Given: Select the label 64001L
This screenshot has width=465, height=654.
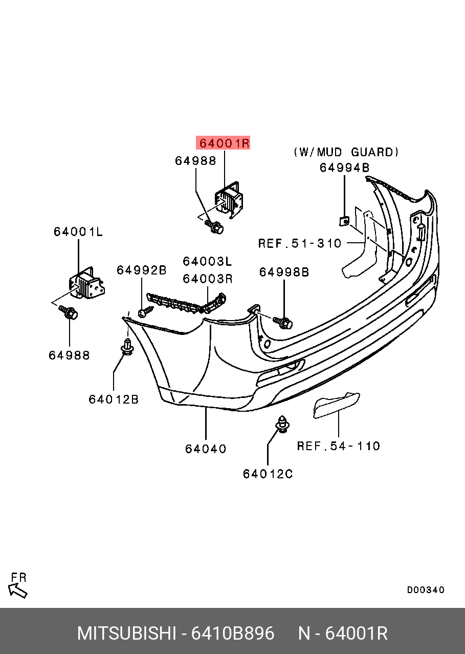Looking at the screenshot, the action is point(78,232).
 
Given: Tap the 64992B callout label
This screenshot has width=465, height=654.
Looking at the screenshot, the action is point(142,270).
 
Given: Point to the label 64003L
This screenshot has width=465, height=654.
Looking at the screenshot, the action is point(207,262).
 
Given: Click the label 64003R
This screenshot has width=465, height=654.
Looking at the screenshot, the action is point(207,279).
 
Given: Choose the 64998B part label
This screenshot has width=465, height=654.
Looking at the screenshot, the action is point(284,272).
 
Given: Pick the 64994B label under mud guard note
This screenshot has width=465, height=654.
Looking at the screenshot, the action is point(344,168).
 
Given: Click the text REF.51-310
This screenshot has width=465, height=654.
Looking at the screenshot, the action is point(300,243).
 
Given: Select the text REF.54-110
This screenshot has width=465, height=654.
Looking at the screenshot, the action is point(339,446).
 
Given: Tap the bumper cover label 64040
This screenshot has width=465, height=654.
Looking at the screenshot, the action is point(206,449).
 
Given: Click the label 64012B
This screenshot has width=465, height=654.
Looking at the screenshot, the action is point(114,399).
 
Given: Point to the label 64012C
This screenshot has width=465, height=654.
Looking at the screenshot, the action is point(268,474).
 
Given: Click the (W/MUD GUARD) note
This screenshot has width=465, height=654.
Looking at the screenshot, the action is point(346,152).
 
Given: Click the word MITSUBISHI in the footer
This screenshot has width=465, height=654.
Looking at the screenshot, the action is point(126,634).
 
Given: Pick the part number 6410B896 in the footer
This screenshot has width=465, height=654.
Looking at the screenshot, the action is point(232,634).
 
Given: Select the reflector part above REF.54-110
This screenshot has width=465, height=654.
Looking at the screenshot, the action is point(337,405).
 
